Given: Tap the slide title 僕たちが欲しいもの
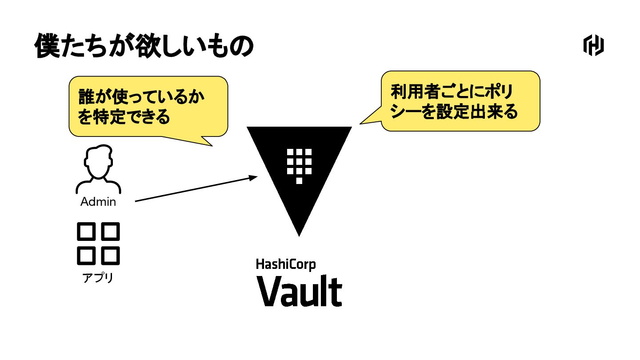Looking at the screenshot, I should (144, 46).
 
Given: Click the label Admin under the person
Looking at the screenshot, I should (98, 202).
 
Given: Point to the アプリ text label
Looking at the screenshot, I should (98, 278).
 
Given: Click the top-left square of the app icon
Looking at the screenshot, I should (86, 231).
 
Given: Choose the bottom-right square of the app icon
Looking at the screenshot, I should (111, 256).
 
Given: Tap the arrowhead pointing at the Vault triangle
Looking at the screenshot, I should (253, 177).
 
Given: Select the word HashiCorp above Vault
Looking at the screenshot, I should (286, 264).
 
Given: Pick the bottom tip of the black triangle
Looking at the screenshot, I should (299, 233).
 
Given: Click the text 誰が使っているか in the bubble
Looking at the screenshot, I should (141, 98).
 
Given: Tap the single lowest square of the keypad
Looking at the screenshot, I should (299, 180).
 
